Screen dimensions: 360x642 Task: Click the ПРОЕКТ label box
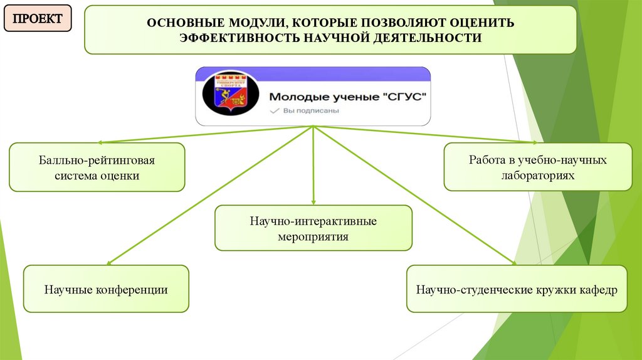point(38,19)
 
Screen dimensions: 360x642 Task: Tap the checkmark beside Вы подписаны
point(273,110)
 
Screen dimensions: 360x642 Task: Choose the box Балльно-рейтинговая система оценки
point(97,167)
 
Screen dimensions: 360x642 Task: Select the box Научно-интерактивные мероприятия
point(313,228)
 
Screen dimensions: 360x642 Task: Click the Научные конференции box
point(106,289)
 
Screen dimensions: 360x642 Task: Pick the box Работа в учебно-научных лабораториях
point(538,167)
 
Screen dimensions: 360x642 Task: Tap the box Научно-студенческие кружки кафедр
point(517,289)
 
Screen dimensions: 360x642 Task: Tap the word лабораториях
point(538,176)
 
